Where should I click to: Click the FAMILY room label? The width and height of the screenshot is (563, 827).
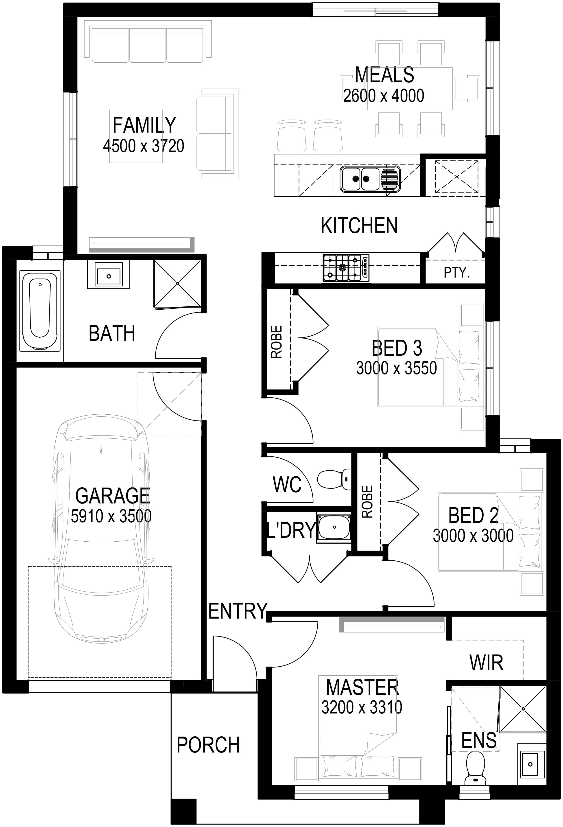pos(144,125)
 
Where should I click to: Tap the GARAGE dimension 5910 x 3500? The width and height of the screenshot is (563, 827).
pos(111,516)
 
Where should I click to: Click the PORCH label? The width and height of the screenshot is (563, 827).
pos(208,745)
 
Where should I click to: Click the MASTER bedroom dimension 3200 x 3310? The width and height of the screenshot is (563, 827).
pos(362,707)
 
